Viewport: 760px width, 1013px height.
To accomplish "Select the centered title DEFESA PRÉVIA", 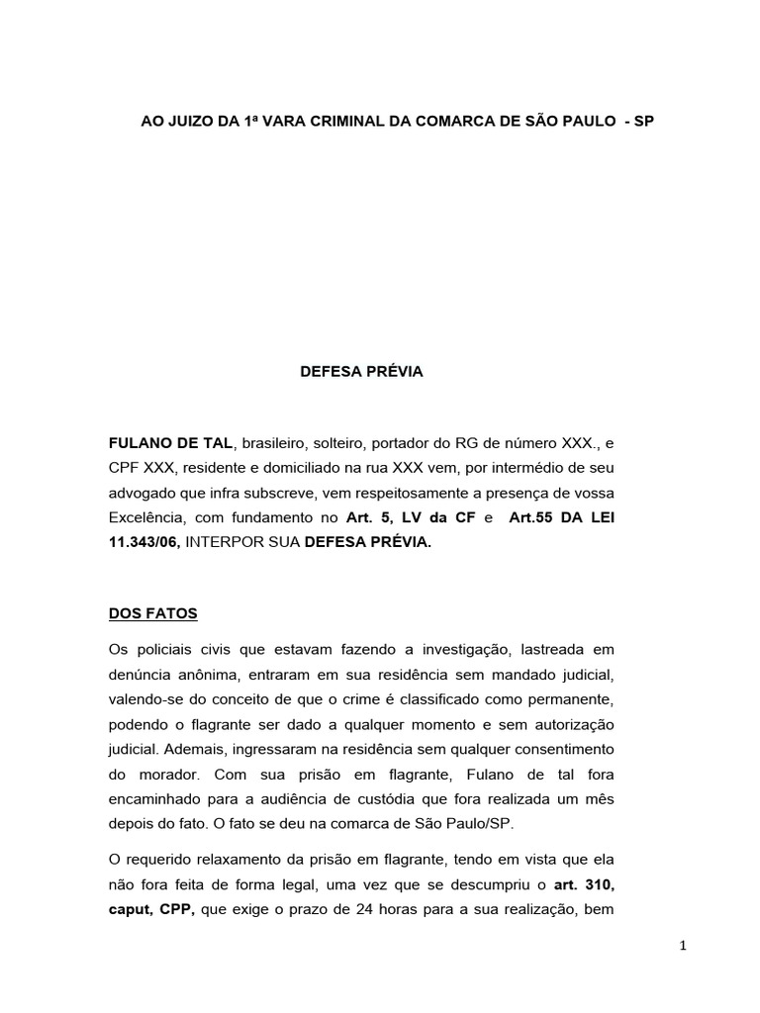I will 361,372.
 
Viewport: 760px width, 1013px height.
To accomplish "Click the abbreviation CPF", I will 125,467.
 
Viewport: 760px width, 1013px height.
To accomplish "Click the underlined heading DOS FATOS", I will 153,613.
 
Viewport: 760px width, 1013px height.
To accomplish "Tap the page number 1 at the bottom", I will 683,946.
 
